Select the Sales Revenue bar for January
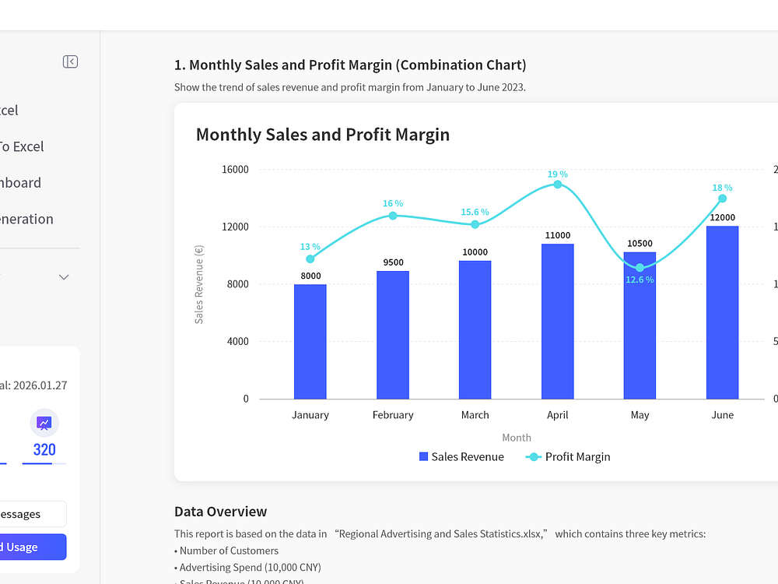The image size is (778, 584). tap(310, 342)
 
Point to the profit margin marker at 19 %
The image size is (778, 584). tap(557, 185)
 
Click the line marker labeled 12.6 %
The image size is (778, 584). tap(640, 268)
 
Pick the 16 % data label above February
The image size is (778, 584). tap(392, 204)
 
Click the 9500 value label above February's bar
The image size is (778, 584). tap(393, 262)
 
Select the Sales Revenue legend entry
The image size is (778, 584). tap(461, 457)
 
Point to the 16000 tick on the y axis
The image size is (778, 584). tap(235, 170)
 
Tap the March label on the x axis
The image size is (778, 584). tap(475, 415)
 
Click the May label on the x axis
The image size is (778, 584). tap(640, 415)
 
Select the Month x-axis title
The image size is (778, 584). tap(517, 438)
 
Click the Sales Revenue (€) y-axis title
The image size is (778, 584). tap(199, 284)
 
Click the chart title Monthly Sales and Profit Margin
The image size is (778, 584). tap(323, 135)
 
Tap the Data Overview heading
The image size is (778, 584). tap(220, 512)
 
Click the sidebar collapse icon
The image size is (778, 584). tap(70, 62)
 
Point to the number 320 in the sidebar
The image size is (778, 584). tap(44, 450)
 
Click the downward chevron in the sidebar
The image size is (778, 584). tap(65, 277)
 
